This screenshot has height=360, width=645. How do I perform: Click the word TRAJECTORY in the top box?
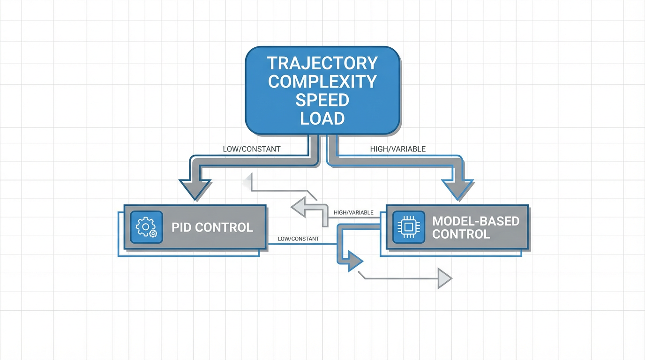[322, 63]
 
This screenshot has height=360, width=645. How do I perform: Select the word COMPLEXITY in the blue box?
[322, 81]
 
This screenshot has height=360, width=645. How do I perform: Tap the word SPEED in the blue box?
[322, 100]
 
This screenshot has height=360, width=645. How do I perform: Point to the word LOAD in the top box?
[322, 118]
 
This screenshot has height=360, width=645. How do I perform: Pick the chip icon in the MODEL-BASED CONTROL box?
[408, 227]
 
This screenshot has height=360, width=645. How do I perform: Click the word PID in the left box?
[181, 227]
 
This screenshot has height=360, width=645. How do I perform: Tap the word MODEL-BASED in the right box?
[476, 221]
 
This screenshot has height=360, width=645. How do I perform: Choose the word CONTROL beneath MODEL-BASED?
[461, 234]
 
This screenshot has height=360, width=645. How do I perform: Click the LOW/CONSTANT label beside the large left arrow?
[252, 149]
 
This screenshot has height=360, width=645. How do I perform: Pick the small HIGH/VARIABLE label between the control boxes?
[353, 212]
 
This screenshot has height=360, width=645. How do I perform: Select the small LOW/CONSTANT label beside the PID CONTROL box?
[298, 239]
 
